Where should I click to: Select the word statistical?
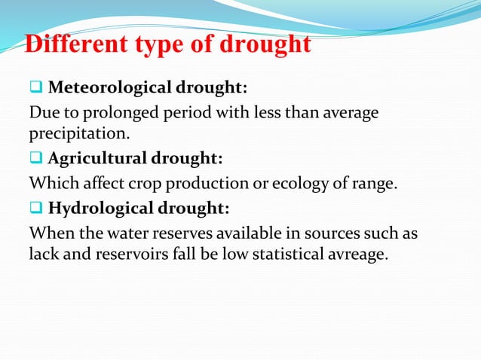(288, 254)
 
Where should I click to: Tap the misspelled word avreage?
(360, 254)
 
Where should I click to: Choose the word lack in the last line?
(43, 254)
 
